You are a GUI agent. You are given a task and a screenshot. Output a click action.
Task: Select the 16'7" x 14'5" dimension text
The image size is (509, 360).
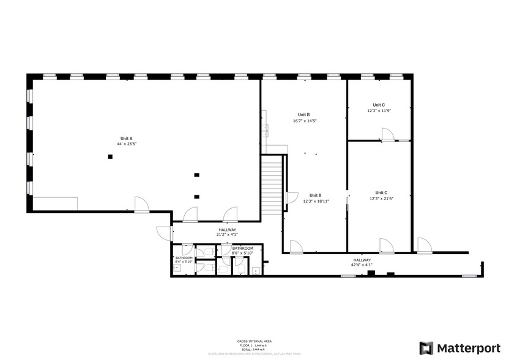(304, 121)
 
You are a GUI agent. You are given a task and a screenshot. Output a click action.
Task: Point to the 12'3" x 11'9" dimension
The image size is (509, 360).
(379, 111)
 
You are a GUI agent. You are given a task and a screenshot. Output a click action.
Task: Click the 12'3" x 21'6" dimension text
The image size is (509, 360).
(381, 198)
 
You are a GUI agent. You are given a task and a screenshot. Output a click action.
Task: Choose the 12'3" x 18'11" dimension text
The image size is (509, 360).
(316, 201)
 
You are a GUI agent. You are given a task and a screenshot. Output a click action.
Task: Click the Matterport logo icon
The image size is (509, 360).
(427, 348)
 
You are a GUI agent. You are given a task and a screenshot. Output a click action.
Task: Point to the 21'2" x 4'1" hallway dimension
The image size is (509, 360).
(226, 234)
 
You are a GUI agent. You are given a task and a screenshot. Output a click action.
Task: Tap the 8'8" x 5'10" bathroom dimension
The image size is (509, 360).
(243, 253)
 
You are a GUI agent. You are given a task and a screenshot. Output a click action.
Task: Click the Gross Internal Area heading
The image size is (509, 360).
(254, 341)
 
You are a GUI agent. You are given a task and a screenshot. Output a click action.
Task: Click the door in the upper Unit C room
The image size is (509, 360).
(387, 135)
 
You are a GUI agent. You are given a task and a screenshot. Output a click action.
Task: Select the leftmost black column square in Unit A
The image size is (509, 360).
(110, 157)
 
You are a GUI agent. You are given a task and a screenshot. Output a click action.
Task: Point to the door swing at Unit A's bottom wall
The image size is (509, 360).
(141, 204)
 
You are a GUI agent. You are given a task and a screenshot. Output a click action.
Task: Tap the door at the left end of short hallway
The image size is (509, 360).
(164, 233)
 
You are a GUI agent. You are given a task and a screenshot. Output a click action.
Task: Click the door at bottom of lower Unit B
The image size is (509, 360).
(295, 246)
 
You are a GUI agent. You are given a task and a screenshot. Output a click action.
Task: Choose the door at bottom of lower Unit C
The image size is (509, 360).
(386, 246)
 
